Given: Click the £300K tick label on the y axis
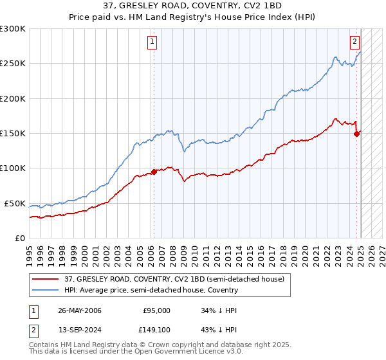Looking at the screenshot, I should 13,29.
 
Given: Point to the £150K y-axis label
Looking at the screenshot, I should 13,134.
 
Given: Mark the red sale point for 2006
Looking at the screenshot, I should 154,172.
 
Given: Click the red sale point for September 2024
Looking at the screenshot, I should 356,134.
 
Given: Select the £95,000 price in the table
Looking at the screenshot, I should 156,310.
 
